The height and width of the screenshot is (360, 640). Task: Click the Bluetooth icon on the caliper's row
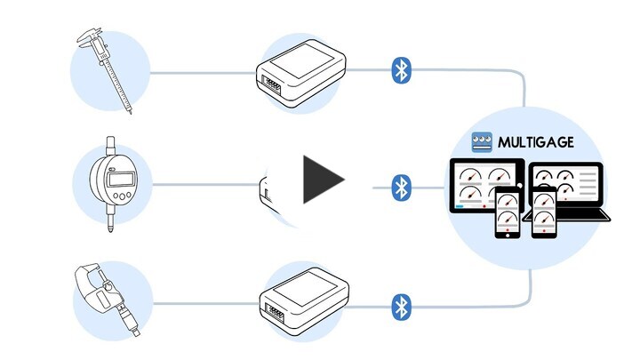click(402, 70)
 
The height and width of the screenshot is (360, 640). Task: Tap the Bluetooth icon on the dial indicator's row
click(402, 187)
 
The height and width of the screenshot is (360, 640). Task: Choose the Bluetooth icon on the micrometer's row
click(402, 307)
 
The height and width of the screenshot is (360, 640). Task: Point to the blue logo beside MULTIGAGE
click(482, 141)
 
